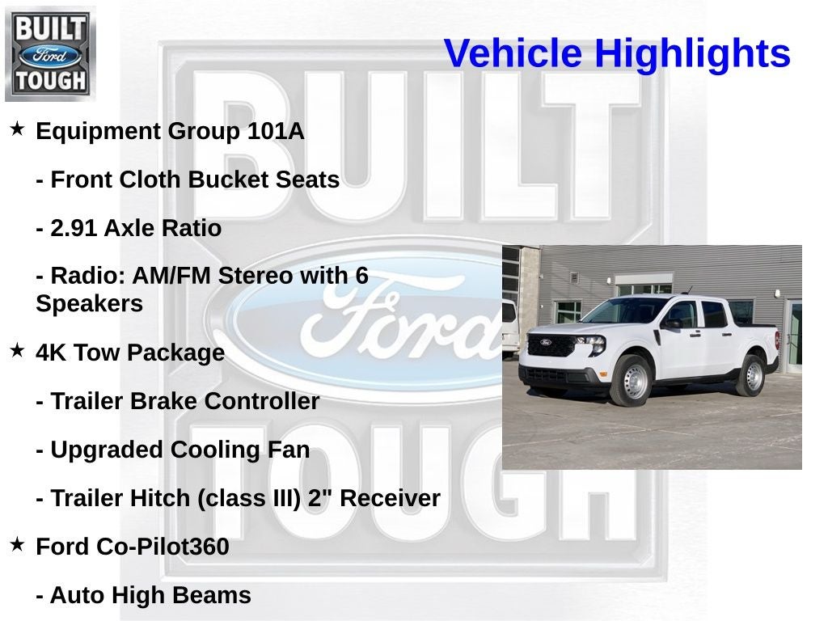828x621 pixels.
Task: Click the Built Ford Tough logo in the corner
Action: [x=50, y=53]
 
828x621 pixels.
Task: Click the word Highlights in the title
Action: [x=692, y=53]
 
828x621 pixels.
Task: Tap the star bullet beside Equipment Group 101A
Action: [x=17, y=129]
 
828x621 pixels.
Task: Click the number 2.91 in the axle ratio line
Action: [x=74, y=228]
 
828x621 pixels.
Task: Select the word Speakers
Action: [x=89, y=304]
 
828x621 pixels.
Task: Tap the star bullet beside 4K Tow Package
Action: [x=17, y=350]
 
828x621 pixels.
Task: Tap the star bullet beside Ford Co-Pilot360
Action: [x=17, y=544]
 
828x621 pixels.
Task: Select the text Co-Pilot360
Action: [x=163, y=547]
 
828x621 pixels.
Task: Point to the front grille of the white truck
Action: [x=551, y=346]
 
